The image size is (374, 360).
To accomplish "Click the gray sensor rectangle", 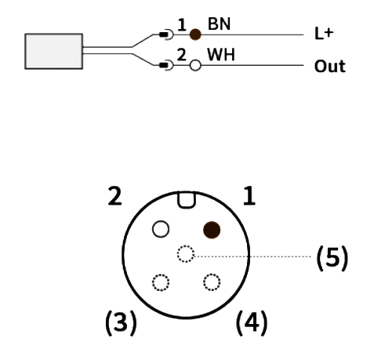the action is coord(54,51).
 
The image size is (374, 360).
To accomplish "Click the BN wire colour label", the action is coord(219,24).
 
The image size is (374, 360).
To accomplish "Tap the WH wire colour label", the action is coord(221,55).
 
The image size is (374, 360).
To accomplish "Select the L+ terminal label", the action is coord(324,34).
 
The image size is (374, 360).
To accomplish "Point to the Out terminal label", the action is coord(330,67).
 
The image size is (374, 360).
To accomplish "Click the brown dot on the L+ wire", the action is coord(195,35).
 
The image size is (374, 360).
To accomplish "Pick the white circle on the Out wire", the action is coord(195,65).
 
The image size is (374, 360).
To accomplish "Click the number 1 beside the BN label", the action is coord(182,25).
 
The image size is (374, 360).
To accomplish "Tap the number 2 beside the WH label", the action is coord(182,55).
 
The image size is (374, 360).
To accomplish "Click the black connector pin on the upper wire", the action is coord(164,35).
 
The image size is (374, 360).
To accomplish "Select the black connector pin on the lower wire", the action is coord(164,65).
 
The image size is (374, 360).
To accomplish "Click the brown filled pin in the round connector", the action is coord(212,230).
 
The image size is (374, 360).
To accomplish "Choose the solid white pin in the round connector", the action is coord(161,229).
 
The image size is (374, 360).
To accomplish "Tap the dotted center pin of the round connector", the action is coord(186,254).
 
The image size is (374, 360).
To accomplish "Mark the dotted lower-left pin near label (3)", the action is coord(161,282).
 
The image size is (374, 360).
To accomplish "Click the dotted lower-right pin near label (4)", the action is coord(212,282).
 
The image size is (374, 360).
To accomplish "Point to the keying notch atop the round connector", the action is coord(186,200).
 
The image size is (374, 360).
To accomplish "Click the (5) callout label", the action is coord(332,257).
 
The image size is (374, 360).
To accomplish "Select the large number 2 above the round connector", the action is coord(114,196).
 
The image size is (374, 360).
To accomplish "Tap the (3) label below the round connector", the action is coord(121,322).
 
